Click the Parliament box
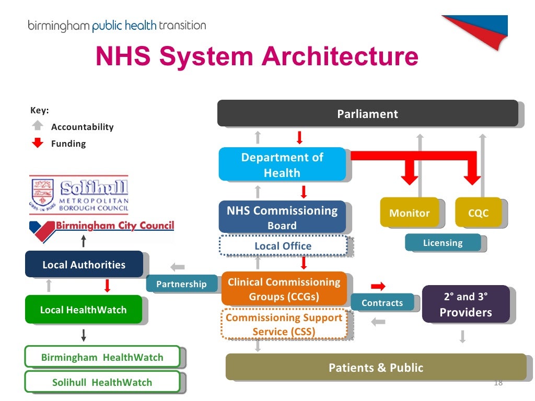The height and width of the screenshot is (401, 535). point(367,113)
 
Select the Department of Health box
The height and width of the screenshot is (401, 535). point(282,164)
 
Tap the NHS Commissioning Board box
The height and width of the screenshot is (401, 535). point(282,217)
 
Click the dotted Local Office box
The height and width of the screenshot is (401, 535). point(283,246)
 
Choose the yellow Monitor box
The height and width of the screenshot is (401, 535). point(409,213)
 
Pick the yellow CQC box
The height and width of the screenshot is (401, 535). point(478,213)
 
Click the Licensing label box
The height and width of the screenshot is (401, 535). point(443,243)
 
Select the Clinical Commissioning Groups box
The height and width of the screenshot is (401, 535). point(284,289)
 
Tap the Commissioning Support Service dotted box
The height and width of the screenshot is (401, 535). point(284,324)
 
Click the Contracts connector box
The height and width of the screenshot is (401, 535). point(382,303)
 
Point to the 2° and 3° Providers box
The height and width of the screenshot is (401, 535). point(466,304)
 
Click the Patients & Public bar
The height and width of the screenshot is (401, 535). point(376,367)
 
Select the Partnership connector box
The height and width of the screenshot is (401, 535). point(181,284)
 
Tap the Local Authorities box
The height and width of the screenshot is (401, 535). point(84,264)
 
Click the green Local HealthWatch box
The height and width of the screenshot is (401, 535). point(84,310)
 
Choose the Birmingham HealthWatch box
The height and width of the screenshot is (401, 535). point(102,357)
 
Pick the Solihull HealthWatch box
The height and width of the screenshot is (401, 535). point(102,382)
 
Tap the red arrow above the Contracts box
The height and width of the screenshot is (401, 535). point(378,286)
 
